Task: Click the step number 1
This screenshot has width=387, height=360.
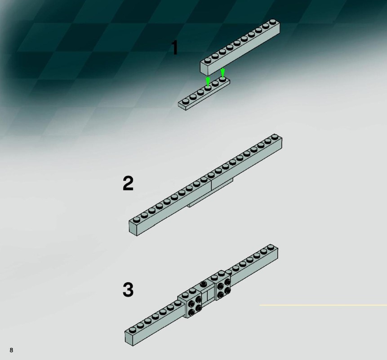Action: click(x=175, y=48)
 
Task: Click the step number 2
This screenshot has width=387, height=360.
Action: click(x=128, y=183)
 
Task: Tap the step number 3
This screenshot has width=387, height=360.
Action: click(x=128, y=290)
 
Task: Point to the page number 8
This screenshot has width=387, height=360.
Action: click(x=11, y=350)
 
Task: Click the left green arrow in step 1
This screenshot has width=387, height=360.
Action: click(x=208, y=81)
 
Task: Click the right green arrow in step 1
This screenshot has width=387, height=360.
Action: click(x=222, y=72)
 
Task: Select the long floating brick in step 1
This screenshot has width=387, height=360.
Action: click(x=240, y=47)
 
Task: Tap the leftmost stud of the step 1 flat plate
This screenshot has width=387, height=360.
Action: click(x=186, y=101)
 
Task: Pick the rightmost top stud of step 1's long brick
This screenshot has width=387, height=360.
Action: click(x=272, y=22)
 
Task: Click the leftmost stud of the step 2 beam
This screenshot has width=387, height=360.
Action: click(x=136, y=220)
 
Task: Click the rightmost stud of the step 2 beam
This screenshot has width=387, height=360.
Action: click(x=275, y=137)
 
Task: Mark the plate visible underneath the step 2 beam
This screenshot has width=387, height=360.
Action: click(x=210, y=193)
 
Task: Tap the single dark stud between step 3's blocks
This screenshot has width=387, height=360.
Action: click(x=204, y=284)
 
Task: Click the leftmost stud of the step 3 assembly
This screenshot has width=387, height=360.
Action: click(x=133, y=329)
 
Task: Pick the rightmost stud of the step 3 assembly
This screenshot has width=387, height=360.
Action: click(x=271, y=247)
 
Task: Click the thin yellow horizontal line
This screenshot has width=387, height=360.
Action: click(x=323, y=305)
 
